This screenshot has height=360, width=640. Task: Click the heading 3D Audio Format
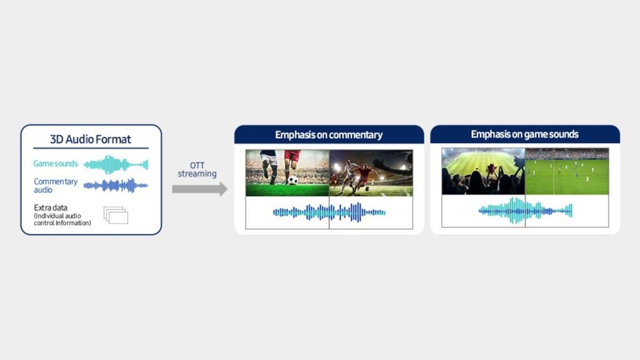(91, 139)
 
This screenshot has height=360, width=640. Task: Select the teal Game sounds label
(56, 164)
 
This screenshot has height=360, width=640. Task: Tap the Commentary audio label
(56, 185)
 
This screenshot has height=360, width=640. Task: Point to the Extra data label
(51, 207)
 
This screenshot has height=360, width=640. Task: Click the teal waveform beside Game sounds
(116, 164)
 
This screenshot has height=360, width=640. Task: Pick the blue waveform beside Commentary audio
(116, 186)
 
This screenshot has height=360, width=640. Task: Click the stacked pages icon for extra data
(116, 215)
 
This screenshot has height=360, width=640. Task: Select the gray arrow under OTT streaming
(199, 189)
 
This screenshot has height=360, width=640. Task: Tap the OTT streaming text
(197, 169)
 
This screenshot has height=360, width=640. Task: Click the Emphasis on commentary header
(329, 135)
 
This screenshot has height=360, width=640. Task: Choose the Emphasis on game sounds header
(525, 134)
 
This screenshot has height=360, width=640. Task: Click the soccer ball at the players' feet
(292, 180)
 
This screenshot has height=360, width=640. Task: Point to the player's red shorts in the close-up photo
(292, 155)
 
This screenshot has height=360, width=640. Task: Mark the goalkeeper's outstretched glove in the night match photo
(402, 157)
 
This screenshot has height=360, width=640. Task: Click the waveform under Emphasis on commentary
(329, 212)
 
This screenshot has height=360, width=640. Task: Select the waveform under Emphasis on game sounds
(525, 211)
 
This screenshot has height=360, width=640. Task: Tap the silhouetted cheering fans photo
(483, 171)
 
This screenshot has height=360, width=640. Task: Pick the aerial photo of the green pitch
(567, 171)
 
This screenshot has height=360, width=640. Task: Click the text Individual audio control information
(62, 219)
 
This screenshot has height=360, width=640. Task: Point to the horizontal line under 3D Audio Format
(91, 148)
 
